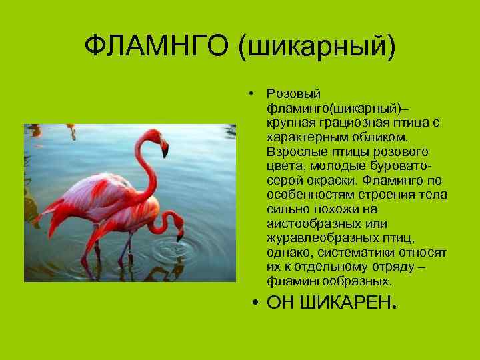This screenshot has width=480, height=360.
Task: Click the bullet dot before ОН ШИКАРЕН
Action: (x=256, y=305)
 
